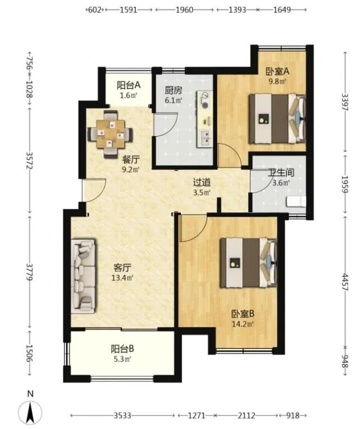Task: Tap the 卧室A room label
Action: point(277,72)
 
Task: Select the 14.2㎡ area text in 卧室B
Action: point(242,324)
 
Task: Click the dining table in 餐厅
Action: point(110,134)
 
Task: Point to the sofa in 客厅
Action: point(84,276)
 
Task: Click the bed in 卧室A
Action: point(277,119)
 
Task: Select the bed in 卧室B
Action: point(249,263)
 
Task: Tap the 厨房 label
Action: point(174,90)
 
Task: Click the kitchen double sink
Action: point(205,138)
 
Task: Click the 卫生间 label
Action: point(280,172)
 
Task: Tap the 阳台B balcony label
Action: point(122,349)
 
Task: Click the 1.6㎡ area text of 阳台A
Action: point(128,95)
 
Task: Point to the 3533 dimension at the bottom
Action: point(122,416)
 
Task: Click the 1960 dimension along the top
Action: point(184,10)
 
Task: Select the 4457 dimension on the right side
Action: point(345,282)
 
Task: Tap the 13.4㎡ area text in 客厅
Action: point(122,278)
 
